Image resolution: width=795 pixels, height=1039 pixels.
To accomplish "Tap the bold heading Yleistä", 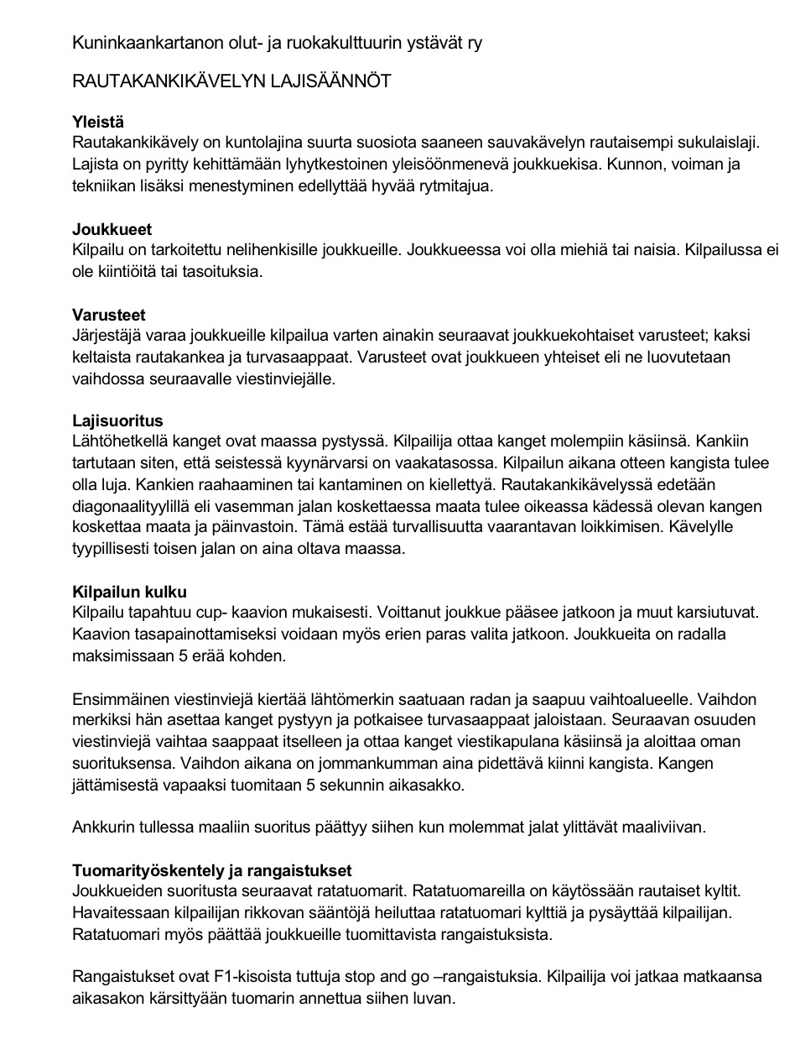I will [x=98, y=122].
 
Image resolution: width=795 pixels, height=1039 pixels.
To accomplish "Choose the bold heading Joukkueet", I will [x=112, y=229].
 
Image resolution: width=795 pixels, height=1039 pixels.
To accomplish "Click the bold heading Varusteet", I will [x=109, y=315].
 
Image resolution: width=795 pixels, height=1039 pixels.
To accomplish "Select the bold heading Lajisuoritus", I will [x=117, y=420].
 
